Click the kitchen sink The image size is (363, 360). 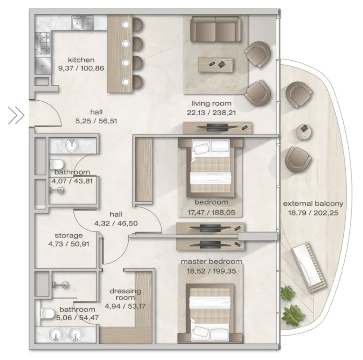tap(83, 23)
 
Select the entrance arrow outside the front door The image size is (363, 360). tap(16, 115)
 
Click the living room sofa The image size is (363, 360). tap(215, 29)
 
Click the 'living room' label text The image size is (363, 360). tap(211, 103)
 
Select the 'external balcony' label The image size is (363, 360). tap(313, 204)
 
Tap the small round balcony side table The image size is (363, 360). tap(303, 132)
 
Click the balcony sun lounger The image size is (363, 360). tap(309, 267)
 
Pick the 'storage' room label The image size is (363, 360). tap(69, 236)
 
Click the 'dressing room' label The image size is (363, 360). tap(125, 294)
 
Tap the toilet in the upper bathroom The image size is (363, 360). tap(57, 165)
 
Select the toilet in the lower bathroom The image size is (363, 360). tap(47, 314)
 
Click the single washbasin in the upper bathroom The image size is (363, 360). tap(72, 145)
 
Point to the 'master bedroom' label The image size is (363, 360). tap(211, 262)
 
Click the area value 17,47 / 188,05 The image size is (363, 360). tap(211, 212)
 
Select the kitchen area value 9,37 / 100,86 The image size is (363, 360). tap(81, 68)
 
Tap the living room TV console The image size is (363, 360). tap(217, 128)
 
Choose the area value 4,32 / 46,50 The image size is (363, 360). tap(116, 223)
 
